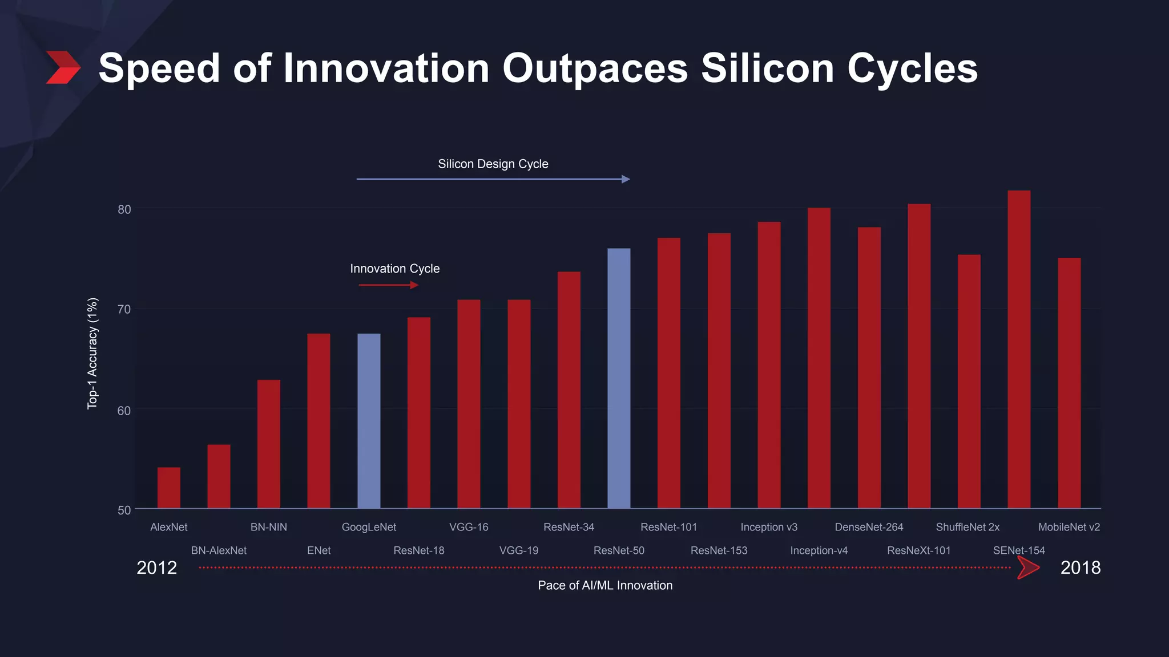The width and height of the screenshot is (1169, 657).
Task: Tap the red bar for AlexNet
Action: [x=168, y=488]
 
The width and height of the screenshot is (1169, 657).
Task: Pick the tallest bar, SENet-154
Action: [x=1019, y=349]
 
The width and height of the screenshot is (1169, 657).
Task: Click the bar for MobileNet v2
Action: [x=1069, y=383]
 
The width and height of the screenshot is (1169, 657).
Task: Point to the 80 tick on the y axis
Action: [x=124, y=209]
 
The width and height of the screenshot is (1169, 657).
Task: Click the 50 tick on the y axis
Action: [x=124, y=510]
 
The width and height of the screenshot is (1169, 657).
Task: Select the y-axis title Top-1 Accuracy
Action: [x=92, y=353]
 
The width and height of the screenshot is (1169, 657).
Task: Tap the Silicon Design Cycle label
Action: [x=493, y=164]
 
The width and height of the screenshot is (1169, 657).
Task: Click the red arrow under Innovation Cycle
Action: [x=389, y=285]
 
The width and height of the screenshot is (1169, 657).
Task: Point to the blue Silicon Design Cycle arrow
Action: [x=493, y=179]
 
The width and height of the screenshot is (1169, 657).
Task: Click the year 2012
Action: [x=157, y=567]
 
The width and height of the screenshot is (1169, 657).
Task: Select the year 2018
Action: [x=1080, y=567]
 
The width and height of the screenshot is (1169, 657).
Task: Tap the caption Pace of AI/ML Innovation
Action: [x=605, y=585]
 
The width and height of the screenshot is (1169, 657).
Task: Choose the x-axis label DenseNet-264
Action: [x=869, y=527]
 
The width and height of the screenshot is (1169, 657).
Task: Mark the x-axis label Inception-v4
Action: [x=819, y=550]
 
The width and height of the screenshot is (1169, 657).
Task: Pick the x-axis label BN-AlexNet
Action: [x=219, y=550]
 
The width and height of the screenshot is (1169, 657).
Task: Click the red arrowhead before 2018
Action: [x=1028, y=567]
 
